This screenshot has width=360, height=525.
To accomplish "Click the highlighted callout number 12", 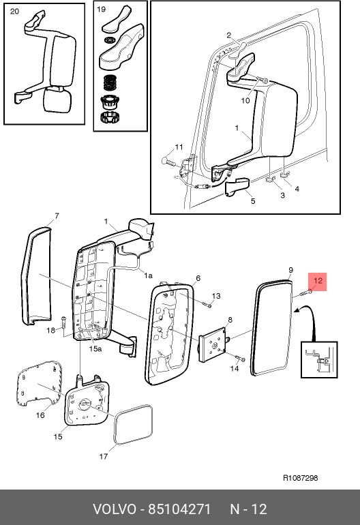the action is tap(318, 280).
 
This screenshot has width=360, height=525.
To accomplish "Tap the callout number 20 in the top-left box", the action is tap(14, 12).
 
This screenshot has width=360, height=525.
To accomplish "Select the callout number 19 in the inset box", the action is tap(101, 10).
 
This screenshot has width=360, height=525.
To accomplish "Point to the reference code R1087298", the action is tap(301, 478).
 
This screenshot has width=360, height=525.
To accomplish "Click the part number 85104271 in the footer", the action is tap(179, 509).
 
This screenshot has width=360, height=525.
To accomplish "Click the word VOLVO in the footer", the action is tap(115, 509).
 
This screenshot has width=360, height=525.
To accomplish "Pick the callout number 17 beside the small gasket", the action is tap(104, 456).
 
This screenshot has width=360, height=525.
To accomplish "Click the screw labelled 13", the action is tap(207, 304).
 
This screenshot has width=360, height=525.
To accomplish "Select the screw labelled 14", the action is tap(240, 358).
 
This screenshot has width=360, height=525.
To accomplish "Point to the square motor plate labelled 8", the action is tap(212, 344).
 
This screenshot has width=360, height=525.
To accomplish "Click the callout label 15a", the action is tap(95, 349).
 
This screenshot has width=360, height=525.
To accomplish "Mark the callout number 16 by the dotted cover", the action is tap(40, 415).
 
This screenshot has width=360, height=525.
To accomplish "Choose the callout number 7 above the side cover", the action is tap(57, 216).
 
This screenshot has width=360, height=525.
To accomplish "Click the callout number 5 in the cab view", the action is tap(253, 201).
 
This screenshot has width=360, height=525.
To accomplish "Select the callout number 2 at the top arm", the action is tap(228, 35).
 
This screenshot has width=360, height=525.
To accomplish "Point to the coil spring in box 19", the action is tap(110, 82).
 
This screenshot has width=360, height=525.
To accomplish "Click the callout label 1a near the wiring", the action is tap(149, 275).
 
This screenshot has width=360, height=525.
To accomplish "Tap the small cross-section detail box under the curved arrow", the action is tap(319, 359).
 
